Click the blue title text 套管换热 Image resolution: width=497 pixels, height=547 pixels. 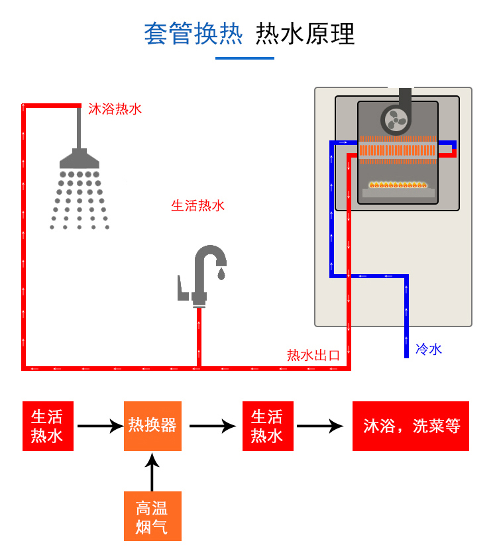tap(193, 33)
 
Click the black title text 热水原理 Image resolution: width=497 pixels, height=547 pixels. tap(305, 33)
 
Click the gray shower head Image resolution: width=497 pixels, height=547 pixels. tap(80, 159)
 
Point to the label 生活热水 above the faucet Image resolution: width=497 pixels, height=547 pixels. tap(198, 205)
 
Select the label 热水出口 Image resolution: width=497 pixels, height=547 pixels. tap(313, 355)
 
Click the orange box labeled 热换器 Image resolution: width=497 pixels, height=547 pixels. tap(152, 426)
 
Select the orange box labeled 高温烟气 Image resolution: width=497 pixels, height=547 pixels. tap(152, 517)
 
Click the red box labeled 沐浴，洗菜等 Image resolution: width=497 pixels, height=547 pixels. tap(411, 426)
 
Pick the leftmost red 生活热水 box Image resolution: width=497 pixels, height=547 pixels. tap(47, 426)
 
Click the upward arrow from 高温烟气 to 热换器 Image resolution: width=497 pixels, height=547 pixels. tap(152, 472)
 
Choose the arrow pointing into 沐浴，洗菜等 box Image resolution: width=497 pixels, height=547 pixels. tap(321, 426)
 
